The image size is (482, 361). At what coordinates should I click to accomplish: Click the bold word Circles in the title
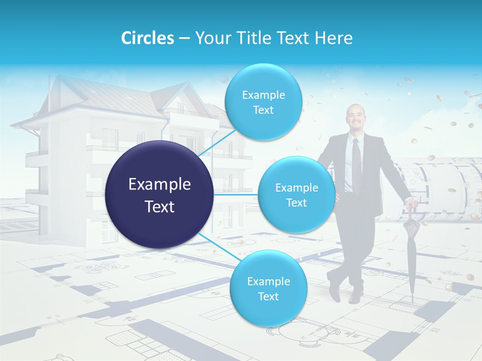tap(147, 38)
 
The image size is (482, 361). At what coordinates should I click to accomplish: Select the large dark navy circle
tap(160, 195)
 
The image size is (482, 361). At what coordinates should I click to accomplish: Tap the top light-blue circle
tap(263, 102)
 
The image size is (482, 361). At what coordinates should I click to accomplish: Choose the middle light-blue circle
tap(296, 195)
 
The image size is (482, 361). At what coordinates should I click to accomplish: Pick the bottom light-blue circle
tap(268, 288)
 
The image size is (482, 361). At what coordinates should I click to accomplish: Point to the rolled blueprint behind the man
tap(442, 186)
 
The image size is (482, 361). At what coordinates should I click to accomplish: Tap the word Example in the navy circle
tap(160, 185)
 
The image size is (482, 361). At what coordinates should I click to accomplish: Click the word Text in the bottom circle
tap(268, 296)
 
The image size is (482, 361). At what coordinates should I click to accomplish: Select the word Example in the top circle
tap(263, 95)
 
